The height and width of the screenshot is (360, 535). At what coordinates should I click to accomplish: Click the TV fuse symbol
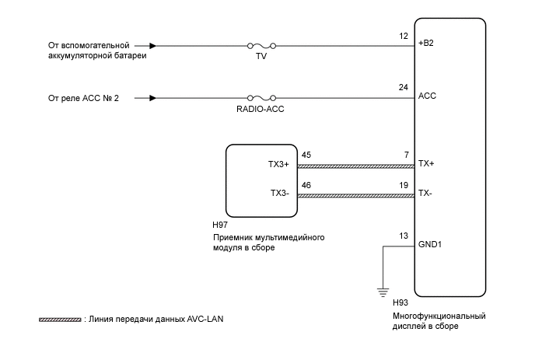click(261, 47)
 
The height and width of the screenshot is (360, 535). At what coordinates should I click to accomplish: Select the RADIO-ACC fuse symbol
click(261, 98)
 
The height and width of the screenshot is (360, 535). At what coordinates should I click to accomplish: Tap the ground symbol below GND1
click(383, 292)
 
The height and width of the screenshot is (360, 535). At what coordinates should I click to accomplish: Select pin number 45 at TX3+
click(306, 156)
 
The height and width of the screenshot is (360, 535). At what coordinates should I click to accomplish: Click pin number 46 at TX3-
click(306, 186)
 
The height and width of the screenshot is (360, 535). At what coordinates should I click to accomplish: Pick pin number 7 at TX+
click(406, 156)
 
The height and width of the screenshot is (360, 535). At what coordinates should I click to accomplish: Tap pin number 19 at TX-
click(404, 186)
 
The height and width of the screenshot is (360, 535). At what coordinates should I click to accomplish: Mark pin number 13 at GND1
click(404, 236)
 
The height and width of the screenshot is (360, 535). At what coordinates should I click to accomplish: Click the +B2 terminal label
click(425, 44)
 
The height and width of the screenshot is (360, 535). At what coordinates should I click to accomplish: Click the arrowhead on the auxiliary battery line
click(152, 47)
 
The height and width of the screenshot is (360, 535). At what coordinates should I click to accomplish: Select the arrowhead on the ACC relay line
click(152, 98)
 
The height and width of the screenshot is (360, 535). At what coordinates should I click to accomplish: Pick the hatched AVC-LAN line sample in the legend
click(60, 320)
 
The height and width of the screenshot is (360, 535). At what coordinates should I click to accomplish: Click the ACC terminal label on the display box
click(427, 96)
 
